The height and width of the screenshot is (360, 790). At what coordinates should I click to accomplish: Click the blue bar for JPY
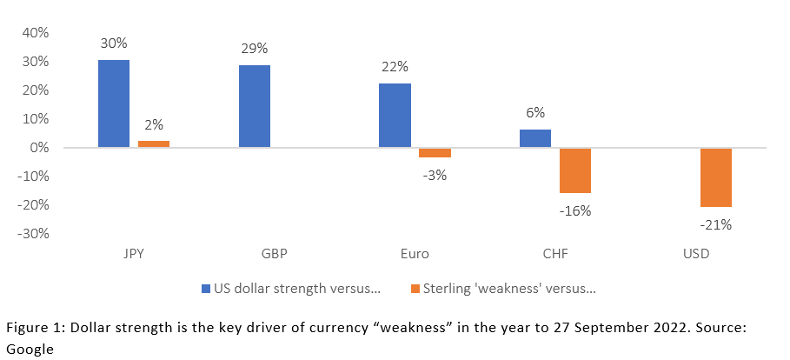tap(113, 104)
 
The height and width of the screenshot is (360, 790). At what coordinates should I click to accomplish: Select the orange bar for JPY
tap(154, 144)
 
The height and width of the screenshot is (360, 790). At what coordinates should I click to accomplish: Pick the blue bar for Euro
tap(395, 116)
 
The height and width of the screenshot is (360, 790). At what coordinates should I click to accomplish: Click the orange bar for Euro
tap(435, 152)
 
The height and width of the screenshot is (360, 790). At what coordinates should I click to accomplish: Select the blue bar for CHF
tap(535, 139)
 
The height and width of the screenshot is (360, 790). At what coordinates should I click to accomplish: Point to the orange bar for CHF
tap(575, 170)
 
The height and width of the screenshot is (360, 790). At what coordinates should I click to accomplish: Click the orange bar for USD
tap(716, 177)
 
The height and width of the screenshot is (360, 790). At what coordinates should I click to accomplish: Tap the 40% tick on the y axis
tap(34, 33)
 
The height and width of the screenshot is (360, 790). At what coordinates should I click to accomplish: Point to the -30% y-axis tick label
tap(32, 233)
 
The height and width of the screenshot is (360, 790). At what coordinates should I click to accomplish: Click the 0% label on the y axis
tap(38, 148)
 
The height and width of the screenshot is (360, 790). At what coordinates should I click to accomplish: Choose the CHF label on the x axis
tap(555, 255)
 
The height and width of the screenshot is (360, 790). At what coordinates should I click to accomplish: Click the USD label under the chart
tap(696, 255)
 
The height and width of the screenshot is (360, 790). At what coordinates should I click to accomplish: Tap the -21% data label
tap(717, 224)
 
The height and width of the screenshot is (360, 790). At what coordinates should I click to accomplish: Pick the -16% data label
tap(576, 210)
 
